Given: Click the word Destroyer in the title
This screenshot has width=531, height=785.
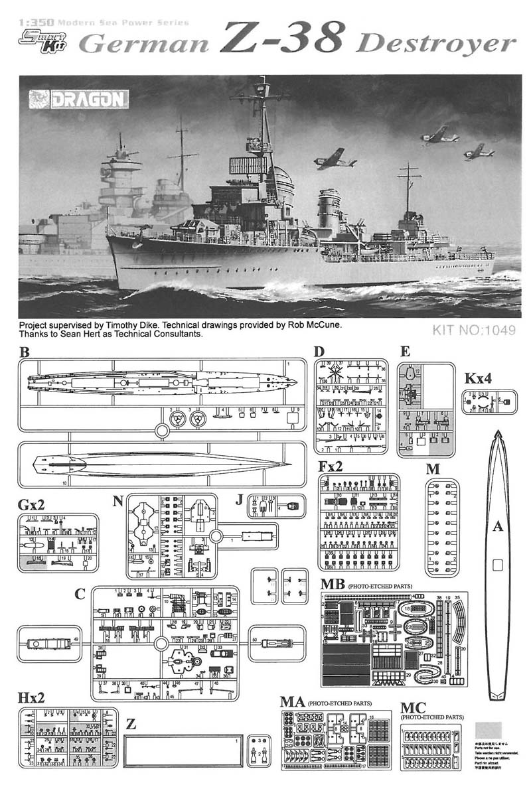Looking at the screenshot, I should click(x=436, y=44).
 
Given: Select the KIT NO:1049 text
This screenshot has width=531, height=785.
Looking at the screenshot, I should click(x=473, y=330).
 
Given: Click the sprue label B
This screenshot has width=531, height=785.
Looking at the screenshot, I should click(x=25, y=353).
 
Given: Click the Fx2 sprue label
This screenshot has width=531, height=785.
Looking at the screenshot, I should click(x=331, y=466).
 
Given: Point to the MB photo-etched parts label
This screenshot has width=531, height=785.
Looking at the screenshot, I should click(x=332, y=585).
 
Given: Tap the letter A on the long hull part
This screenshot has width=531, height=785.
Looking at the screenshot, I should click(x=498, y=528).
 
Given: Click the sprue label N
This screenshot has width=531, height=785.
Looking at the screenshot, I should click(x=118, y=501).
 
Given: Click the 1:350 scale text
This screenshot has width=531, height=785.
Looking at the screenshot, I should click(x=31, y=22).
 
